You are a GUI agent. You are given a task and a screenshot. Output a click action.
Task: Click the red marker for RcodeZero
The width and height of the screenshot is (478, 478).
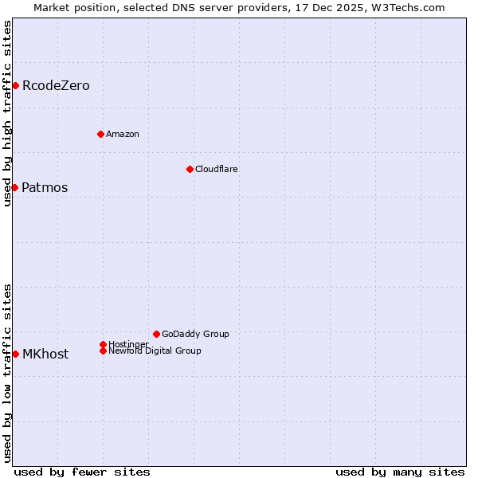pos(15,85)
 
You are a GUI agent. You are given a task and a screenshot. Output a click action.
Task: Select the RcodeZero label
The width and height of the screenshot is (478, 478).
pos(56,86)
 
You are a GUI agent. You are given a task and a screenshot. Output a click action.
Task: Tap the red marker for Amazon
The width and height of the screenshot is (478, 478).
pos(100,134)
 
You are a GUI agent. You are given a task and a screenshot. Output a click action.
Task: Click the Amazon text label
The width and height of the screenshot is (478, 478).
pos(123,135)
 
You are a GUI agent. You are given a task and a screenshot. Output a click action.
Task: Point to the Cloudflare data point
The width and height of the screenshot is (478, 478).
pos(190,169)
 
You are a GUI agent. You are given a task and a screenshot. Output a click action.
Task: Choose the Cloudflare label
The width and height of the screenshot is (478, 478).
pos(217,170)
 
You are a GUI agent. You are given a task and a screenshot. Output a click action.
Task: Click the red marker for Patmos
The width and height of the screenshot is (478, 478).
pos(14,187)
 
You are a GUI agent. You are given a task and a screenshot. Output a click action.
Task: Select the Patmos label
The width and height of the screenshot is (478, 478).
pos(45,188)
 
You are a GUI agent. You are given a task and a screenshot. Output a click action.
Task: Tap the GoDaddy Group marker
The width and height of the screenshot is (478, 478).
pos(156,334)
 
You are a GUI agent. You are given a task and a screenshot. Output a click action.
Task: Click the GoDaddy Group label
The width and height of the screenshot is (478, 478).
pos(195,335)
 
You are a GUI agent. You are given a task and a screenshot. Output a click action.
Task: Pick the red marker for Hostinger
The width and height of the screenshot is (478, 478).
pos(103,344)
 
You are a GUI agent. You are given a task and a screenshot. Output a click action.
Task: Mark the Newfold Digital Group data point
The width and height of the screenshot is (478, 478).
pos(103,351)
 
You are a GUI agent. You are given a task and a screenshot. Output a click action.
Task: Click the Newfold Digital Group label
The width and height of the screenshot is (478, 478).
pos(155,351)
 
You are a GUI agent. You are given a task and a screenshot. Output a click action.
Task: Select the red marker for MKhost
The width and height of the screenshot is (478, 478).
pos(15,354)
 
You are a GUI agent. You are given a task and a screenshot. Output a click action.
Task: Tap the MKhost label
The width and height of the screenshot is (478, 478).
pos(45,355)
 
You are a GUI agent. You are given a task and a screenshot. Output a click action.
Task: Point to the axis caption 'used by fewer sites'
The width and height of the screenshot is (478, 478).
pos(82,472)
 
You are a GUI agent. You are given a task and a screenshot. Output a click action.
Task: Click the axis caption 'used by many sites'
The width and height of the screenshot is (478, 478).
pos(400,472)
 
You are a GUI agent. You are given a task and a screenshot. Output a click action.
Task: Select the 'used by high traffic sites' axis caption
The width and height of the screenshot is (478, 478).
pos(7,113)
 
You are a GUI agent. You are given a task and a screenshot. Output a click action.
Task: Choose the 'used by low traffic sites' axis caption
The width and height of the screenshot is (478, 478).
pos(7,373)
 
